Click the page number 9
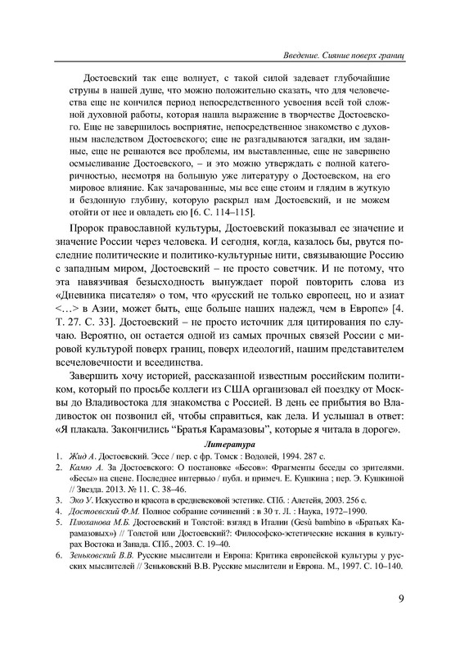click(399, 621)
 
